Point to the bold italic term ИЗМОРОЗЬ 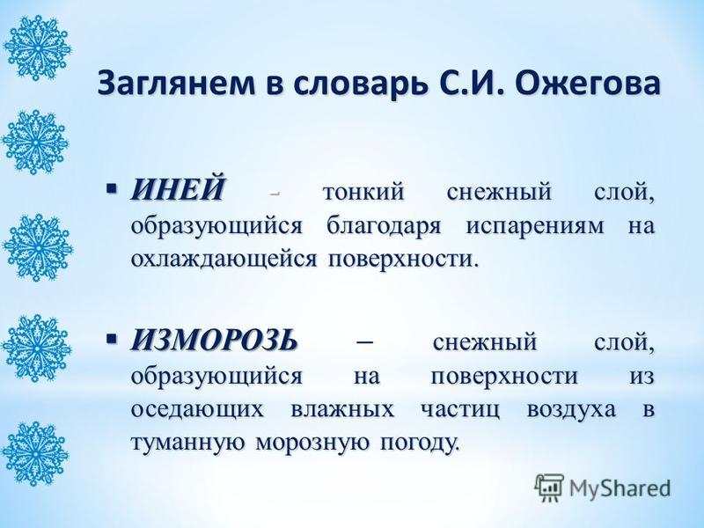click(x=214, y=341)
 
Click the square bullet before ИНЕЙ click(x=113, y=187)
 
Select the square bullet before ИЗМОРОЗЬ click(x=113, y=337)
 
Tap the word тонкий click(x=363, y=192)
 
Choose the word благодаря click(x=383, y=226)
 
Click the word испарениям click(x=535, y=227)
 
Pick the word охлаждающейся click(x=224, y=260)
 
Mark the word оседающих click(x=197, y=410)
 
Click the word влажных click(x=342, y=410)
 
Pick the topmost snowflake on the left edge click(x=36, y=48)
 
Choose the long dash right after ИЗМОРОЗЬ click(x=364, y=343)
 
